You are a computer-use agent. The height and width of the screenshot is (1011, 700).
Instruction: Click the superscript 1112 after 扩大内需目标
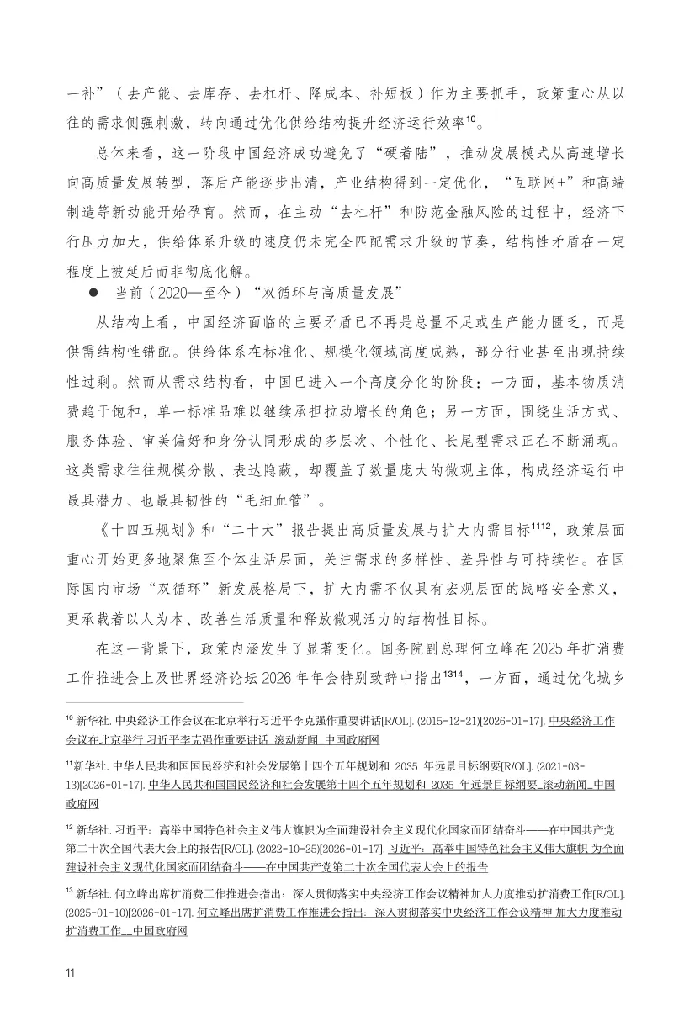540,527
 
